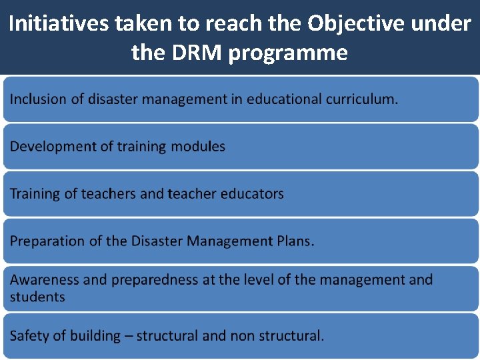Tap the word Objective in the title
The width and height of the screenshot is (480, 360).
345,24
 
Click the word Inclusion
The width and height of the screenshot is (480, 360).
38,99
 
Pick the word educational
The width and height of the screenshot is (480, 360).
284,99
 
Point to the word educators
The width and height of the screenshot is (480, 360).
253,194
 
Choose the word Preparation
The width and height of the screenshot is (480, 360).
48,241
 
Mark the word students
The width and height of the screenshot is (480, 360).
37,297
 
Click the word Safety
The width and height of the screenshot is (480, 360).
29,336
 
